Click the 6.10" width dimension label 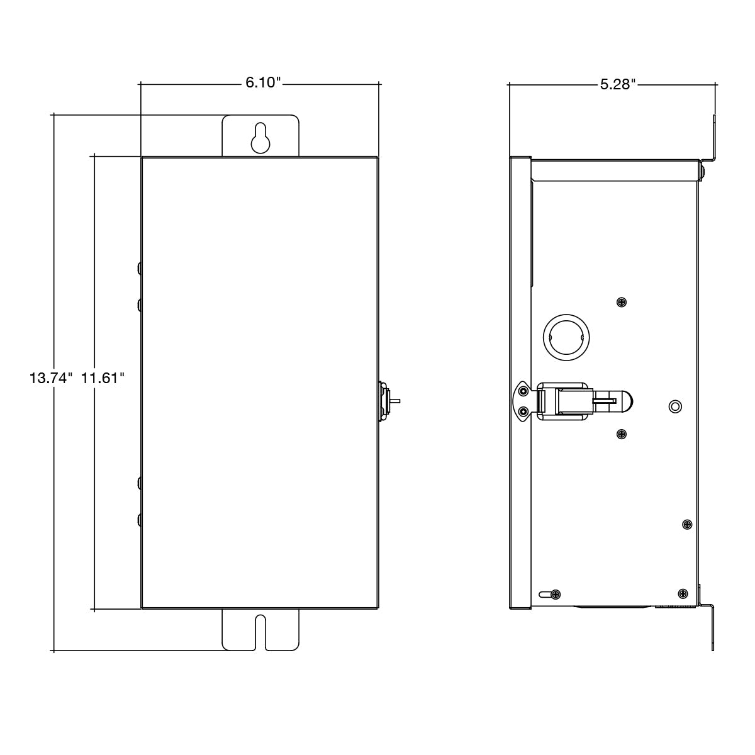coord(262,83)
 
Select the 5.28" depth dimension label coord(617,84)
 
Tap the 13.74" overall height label coord(51,378)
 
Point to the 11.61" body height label coord(103,378)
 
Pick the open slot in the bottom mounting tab coord(260,631)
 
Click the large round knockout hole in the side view coord(564,337)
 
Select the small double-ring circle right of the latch coord(674,406)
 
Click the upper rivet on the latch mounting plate coord(523,392)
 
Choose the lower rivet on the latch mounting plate coord(523,411)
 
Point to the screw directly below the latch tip coord(622,434)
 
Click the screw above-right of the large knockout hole coord(622,302)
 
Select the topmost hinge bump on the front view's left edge coord(139,269)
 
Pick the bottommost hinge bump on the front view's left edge coord(139,520)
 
